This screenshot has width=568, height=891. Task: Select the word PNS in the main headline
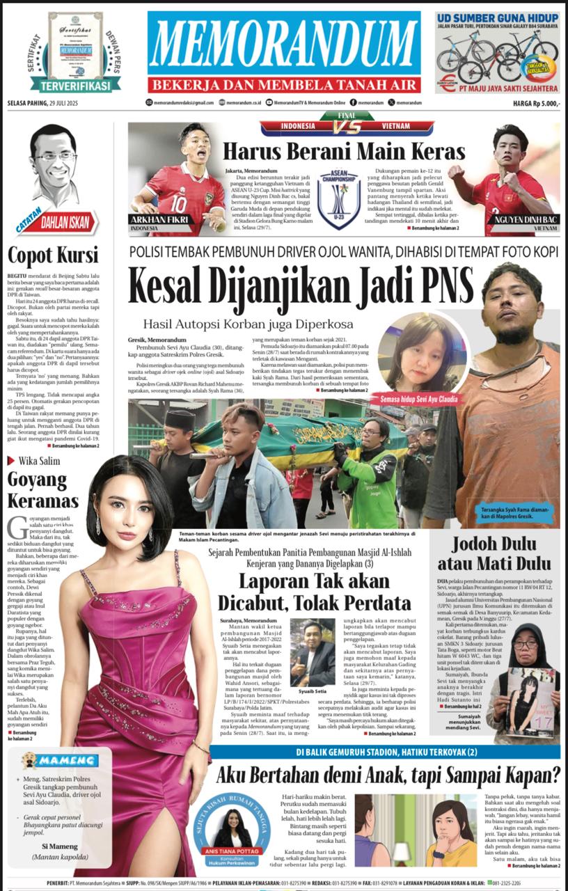441,285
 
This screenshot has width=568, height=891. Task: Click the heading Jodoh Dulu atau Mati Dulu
494,553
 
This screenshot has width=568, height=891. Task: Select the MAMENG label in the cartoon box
67,761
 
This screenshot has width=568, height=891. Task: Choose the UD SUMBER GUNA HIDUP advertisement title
497,18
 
